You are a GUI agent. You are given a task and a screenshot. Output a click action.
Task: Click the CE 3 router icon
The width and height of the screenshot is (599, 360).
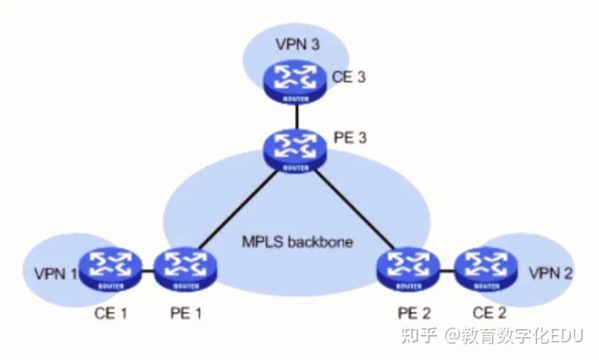pos(294,82)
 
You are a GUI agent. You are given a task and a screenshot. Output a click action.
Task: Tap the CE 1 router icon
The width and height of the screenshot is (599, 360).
pos(110,269)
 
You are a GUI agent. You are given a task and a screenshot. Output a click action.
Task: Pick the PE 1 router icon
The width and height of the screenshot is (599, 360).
pos(182,269)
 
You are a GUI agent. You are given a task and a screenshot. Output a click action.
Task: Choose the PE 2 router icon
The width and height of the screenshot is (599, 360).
pos(408,269)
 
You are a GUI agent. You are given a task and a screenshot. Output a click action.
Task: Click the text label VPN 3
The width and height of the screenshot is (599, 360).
pos(297,43)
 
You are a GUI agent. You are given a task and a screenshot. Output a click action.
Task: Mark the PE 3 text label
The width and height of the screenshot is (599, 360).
pos(350,138)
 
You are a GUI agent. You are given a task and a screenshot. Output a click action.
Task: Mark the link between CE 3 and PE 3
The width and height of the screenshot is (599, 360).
pos(294,115)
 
